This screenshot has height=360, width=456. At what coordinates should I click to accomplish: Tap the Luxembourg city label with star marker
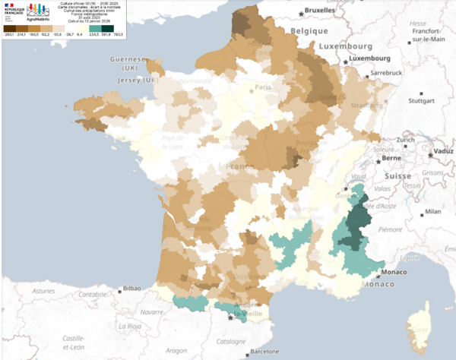pyautogui.click(x=369, y=58)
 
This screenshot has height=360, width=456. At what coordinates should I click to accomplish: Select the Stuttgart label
pyautogui.click(x=420, y=99)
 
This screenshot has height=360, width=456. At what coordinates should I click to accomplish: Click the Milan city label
pyautogui.click(x=433, y=212)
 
